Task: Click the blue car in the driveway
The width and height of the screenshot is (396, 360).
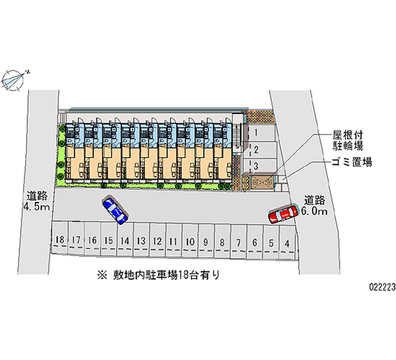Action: click(x=115, y=210)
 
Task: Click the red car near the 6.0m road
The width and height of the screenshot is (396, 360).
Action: click(x=283, y=214)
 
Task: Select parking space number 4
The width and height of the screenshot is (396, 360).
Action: click(x=287, y=243)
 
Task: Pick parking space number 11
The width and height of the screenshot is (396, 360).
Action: click(x=173, y=240)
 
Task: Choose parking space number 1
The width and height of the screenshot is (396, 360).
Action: click(x=259, y=133)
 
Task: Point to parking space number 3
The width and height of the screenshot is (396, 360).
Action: click(x=259, y=166)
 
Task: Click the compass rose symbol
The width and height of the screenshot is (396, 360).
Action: click(x=13, y=80)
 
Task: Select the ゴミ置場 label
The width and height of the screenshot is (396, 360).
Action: click(x=352, y=162)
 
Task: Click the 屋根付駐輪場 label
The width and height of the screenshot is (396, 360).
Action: click(x=348, y=141)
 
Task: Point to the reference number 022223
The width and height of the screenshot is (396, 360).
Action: click(x=382, y=287)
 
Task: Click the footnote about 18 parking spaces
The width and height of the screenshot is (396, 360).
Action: click(x=159, y=275)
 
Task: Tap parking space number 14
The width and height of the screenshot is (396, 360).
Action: click(x=125, y=240)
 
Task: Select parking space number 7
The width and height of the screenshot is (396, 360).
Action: click(x=239, y=242)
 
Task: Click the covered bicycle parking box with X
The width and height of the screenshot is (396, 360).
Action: click(x=262, y=182)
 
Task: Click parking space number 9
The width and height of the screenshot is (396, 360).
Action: click(x=206, y=241)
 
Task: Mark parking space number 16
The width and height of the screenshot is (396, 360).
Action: click(x=93, y=239)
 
